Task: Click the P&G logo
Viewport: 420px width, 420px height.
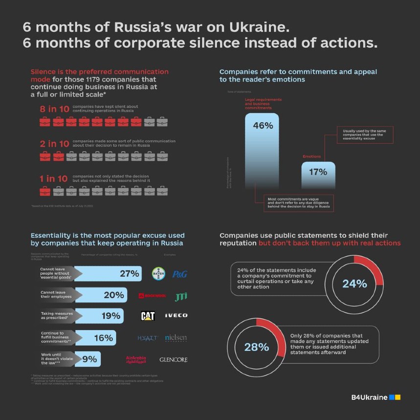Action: [179, 274]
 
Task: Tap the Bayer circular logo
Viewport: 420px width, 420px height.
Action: [158, 273]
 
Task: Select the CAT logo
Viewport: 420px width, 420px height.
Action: [148, 316]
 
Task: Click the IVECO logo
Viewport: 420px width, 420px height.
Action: [176, 315]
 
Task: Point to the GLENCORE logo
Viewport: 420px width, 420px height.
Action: [174, 360]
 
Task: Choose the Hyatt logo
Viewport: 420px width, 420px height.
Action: [148, 338]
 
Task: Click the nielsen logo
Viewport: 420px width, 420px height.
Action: [176, 338]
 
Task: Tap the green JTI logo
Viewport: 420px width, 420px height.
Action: [181, 296]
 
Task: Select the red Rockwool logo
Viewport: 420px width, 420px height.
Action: [152, 296]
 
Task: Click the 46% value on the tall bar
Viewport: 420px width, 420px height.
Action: [263, 126]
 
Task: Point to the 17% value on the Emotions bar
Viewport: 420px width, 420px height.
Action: [318, 172]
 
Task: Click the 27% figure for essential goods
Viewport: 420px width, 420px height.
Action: [130, 274]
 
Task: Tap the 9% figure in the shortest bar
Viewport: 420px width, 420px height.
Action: [89, 359]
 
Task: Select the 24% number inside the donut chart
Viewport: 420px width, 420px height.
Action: [354, 284]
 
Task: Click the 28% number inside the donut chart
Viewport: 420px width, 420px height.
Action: [257, 347]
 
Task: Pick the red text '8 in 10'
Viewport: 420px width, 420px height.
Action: [54, 109]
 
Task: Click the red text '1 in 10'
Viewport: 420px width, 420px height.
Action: [54, 179]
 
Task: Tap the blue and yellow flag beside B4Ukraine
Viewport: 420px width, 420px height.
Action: [395, 398]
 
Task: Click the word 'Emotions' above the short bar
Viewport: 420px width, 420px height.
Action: [312, 156]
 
